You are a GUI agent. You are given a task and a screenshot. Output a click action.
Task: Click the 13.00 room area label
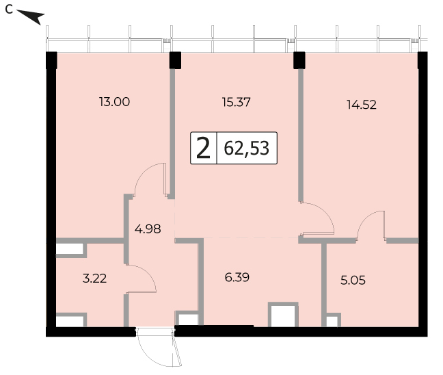click(114, 102)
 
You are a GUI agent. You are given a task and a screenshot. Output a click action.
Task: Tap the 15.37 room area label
click(236, 102)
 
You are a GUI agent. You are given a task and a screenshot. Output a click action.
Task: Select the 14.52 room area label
click(362, 105)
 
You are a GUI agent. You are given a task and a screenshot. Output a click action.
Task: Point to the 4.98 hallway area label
click(148, 229)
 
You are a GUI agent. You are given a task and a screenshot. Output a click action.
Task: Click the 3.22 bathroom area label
click(94, 279)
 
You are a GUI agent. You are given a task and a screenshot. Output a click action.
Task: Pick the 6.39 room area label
click(237, 277)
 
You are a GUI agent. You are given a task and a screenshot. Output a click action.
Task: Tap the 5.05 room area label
click(353, 281)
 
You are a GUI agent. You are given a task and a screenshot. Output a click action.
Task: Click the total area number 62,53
click(246, 148)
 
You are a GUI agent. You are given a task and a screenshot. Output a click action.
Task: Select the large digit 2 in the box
click(204, 148)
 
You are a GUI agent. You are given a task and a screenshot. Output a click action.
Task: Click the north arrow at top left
click(31, 16)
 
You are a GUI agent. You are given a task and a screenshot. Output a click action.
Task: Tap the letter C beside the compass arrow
click(9, 10)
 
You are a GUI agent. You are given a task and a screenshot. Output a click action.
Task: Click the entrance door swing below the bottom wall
click(158, 347)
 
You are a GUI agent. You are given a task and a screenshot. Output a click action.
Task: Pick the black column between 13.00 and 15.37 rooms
click(175, 60)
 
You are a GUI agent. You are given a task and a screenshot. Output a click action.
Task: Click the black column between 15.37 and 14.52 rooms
click(299, 60)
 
